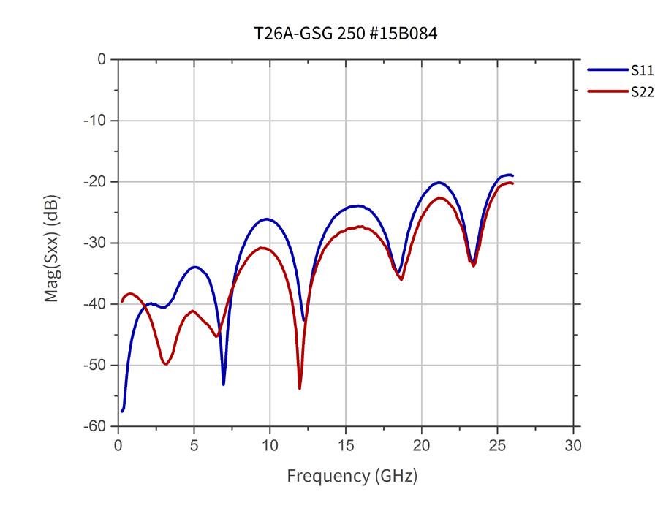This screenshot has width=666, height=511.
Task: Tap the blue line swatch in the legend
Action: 602,71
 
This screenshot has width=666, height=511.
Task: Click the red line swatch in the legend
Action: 602,91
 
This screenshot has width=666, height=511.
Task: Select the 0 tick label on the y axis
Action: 102,59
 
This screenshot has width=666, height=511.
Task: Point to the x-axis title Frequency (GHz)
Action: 352,477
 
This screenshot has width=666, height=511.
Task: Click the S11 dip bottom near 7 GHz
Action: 224,385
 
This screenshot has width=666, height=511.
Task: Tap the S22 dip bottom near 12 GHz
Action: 300,388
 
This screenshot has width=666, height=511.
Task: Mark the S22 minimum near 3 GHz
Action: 166,364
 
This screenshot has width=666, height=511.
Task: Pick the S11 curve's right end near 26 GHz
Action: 512,175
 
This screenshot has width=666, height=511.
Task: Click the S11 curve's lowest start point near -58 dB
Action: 122,412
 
